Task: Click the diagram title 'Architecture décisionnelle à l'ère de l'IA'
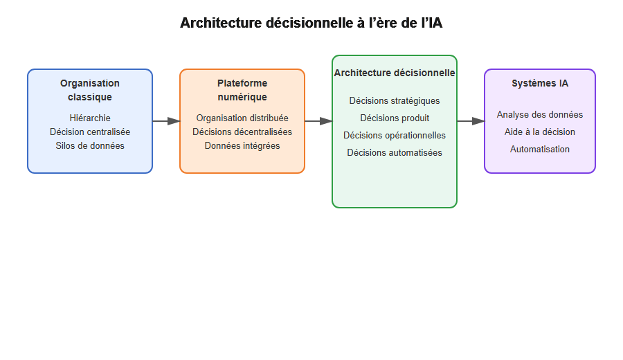click(311, 23)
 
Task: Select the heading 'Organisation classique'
click(90, 90)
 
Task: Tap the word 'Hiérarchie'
click(90, 118)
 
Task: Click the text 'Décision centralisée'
click(90, 132)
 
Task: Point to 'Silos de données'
click(90, 145)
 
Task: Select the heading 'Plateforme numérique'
click(242, 90)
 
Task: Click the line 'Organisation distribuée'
click(242, 118)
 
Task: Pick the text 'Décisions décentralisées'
click(242, 132)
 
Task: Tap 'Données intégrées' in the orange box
click(242, 145)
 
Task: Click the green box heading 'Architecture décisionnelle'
click(395, 73)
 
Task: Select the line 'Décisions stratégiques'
click(395, 100)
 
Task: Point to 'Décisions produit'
click(395, 118)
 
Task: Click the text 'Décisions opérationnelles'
click(395, 135)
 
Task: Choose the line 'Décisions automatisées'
click(395, 152)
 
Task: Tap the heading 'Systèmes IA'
click(540, 83)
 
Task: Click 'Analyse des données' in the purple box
click(540, 114)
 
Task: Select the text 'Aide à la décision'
click(540, 132)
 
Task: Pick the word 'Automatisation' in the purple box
click(540, 149)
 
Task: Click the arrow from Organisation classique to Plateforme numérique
click(166, 121)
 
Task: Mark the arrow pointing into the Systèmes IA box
click(471, 121)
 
